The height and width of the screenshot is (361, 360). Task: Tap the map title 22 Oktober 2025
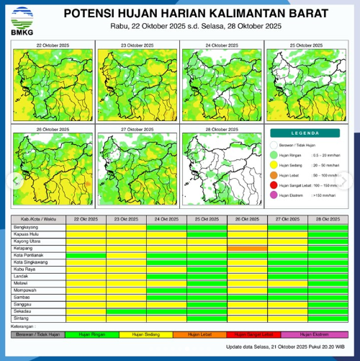click(51, 45)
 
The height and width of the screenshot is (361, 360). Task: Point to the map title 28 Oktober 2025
click(221, 129)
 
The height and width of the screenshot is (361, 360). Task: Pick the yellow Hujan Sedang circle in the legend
click(274, 164)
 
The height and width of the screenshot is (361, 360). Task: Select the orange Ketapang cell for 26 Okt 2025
click(247, 247)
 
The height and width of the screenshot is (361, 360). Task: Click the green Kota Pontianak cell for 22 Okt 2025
click(86, 254)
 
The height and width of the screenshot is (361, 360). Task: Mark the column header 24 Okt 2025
click(166, 218)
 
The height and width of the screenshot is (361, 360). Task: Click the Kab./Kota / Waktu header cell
click(37, 218)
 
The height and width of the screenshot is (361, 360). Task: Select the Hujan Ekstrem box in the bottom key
click(314, 334)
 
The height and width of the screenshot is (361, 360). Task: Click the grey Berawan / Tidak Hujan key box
click(37, 334)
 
